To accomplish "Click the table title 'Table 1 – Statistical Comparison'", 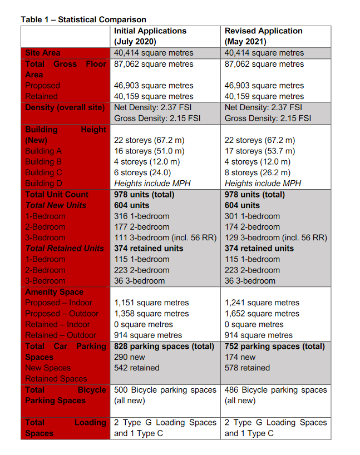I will [83, 19].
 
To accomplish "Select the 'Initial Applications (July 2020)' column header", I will [150, 36].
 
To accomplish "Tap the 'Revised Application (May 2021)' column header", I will [263, 36].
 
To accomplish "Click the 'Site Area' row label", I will [43, 53].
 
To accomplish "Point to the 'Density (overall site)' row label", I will [65, 107].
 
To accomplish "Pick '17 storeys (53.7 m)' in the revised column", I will [260, 151].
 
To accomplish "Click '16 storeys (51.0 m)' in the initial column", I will [149, 151].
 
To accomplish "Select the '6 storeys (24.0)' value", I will [142, 172].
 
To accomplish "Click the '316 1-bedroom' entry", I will [141, 216].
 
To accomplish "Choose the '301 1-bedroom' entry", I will [252, 216].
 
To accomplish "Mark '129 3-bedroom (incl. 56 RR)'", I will [275, 238].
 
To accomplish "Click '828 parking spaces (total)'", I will [164, 346].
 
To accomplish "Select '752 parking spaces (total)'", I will [274, 346].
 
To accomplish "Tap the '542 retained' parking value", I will [136, 368].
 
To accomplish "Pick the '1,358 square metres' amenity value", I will [151, 314].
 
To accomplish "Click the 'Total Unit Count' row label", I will [57, 194].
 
